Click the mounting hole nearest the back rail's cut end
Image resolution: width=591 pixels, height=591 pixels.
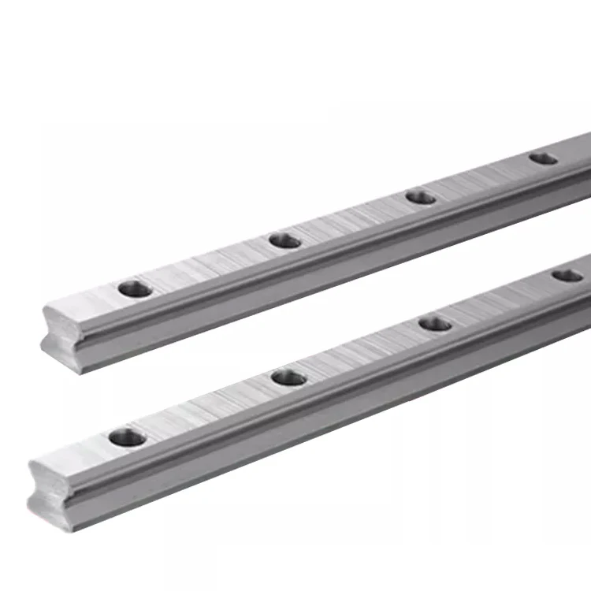[136, 288]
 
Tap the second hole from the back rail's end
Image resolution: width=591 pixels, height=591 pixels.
[285, 240]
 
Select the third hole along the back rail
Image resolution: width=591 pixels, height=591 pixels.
[422, 197]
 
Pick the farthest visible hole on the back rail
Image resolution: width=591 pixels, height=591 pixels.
[543, 158]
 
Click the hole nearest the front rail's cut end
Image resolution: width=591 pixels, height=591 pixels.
[126, 437]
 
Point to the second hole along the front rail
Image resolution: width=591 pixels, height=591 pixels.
[289, 377]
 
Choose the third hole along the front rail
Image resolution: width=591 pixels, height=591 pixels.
[435, 323]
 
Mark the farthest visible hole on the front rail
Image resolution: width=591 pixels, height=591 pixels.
[567, 276]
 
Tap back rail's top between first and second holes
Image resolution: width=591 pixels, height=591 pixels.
[210, 265]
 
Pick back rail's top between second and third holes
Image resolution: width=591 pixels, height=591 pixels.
[354, 219]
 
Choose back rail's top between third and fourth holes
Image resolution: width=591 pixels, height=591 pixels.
[482, 178]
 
